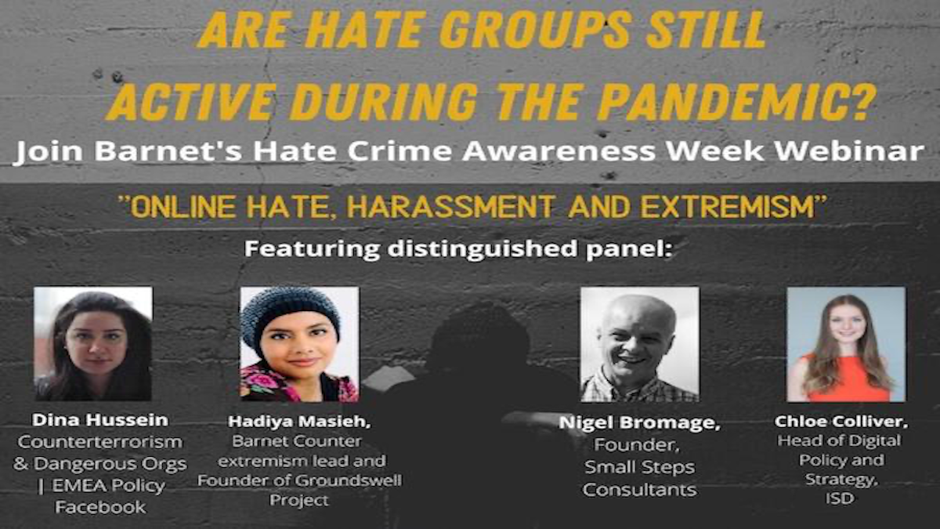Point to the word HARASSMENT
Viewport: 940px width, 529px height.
pyautogui.click(x=450, y=208)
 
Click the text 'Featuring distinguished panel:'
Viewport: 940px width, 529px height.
pyautogui.click(x=458, y=249)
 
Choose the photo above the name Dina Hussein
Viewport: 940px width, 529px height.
pyautogui.click(x=93, y=344)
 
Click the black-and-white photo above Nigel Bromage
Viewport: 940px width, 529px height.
pyautogui.click(x=639, y=344)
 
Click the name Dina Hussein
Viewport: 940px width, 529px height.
pyautogui.click(x=100, y=420)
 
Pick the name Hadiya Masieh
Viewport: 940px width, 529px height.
pyautogui.click(x=299, y=422)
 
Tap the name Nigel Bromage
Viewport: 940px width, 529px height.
pyautogui.click(x=639, y=422)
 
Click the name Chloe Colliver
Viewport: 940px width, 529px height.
pyautogui.click(x=841, y=422)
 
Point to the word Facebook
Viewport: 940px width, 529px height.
pyautogui.click(x=101, y=507)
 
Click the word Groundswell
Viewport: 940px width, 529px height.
pyautogui.click(x=349, y=480)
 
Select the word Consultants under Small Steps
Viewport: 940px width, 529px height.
pyautogui.click(x=639, y=490)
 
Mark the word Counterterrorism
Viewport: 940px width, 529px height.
pyautogui.click(x=100, y=442)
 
